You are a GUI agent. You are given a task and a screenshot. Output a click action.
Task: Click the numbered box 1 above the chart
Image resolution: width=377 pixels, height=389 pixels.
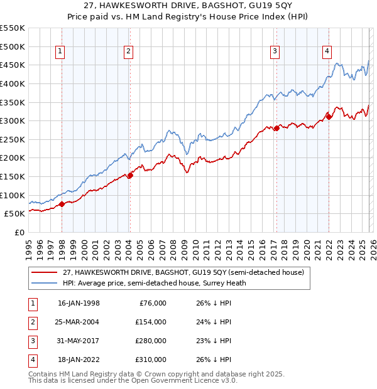point(60,52)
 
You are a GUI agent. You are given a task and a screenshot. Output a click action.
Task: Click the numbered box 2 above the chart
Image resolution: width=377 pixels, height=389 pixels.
point(128,52)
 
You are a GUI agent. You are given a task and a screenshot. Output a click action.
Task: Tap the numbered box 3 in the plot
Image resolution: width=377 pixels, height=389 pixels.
point(275,52)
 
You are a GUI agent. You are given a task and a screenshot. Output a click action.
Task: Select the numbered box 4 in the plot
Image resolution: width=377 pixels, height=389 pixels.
point(327,52)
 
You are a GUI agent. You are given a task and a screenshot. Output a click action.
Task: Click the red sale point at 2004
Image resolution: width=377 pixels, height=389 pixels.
point(130,175)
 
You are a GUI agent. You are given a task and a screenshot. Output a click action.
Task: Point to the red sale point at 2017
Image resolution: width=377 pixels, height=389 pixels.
point(276,128)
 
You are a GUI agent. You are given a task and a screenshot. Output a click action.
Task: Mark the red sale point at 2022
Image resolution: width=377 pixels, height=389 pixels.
point(328,117)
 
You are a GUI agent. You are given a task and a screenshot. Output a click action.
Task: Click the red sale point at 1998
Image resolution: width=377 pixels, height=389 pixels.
point(62,204)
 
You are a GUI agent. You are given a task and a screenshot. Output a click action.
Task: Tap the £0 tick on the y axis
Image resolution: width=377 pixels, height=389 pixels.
point(19,232)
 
